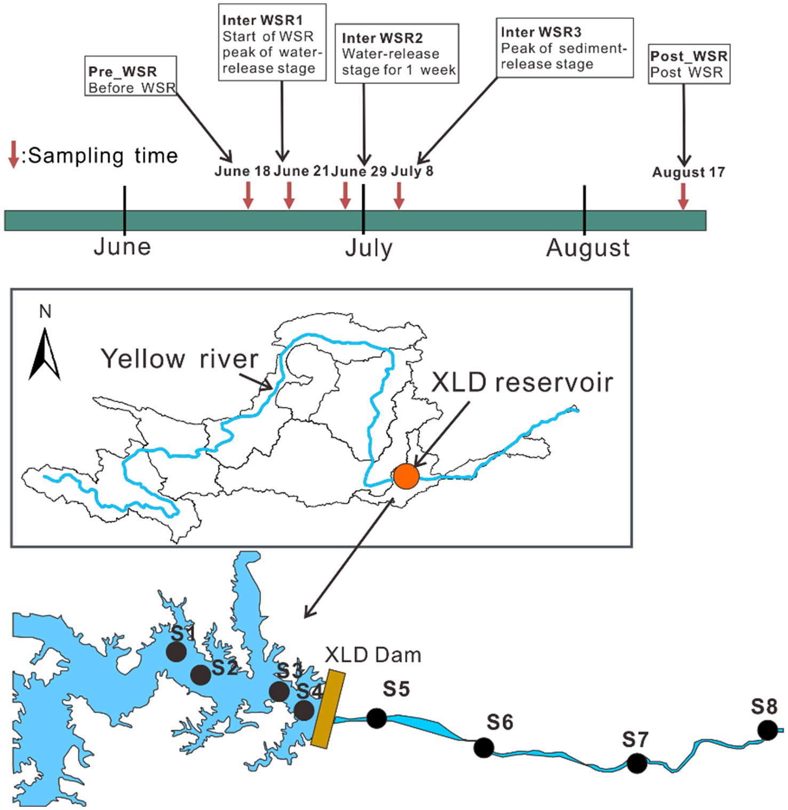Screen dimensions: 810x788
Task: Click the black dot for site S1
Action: tap(176, 652)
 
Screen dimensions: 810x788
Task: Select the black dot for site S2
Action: tap(201, 675)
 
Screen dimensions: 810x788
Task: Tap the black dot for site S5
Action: tap(377, 718)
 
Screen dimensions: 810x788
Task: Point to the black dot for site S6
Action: tap(484, 748)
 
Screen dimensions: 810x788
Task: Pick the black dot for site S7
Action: tap(636, 764)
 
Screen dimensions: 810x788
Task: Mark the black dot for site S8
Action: tap(768, 730)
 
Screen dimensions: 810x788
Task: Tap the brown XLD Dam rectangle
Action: tap(328, 709)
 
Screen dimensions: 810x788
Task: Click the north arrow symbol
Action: tap(45, 355)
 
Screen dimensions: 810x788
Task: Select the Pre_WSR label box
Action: tap(131, 76)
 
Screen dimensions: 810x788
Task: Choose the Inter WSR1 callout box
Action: tap(272, 42)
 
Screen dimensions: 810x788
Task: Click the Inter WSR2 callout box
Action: tap(396, 53)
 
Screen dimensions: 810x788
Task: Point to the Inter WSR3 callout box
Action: tap(565, 48)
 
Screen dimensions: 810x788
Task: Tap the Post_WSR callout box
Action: tap(689, 64)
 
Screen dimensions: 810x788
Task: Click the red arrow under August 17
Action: tap(683, 196)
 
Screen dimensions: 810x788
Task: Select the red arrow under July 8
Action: tap(399, 195)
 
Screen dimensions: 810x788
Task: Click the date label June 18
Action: tap(242, 171)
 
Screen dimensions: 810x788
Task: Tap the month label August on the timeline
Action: tap(588, 248)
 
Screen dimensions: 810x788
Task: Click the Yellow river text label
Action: tap(180, 359)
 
